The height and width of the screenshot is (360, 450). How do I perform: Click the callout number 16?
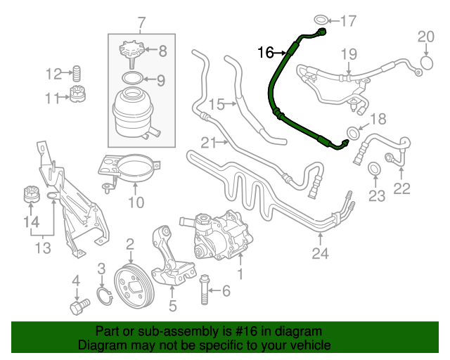coord(265,52)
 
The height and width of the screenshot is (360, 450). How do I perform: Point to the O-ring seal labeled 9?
coord(132,78)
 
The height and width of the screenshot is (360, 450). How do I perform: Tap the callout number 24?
coord(321,254)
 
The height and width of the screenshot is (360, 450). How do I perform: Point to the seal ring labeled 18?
coord(356,131)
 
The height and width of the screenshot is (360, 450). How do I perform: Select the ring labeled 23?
coord(375,167)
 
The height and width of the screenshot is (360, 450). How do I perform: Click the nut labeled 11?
coord(79,96)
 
